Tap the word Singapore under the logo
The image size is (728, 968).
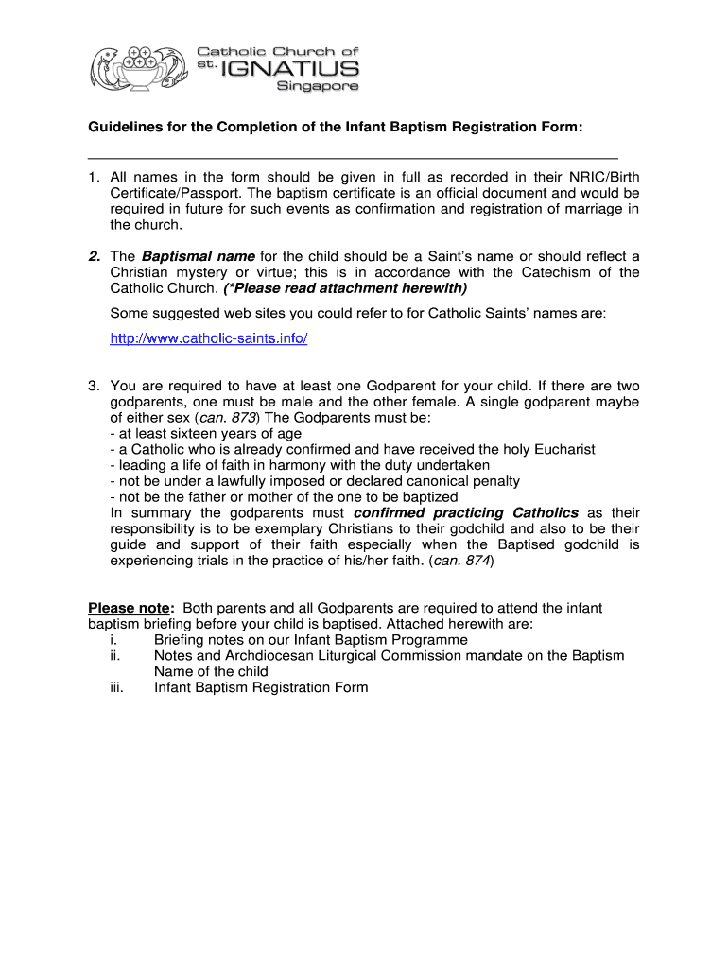click(x=317, y=87)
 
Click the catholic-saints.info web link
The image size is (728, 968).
click(x=209, y=338)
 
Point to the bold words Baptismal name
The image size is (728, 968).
click(x=198, y=256)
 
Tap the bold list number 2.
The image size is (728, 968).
click(x=94, y=256)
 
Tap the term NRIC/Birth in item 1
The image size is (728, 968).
click(x=604, y=177)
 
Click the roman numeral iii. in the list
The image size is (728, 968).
click(x=117, y=687)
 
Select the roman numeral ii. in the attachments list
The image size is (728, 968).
click(x=115, y=655)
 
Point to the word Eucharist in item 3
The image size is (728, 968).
click(x=563, y=450)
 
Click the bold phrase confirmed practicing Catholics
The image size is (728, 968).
click(x=465, y=512)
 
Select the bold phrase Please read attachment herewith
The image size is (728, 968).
click(x=346, y=288)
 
